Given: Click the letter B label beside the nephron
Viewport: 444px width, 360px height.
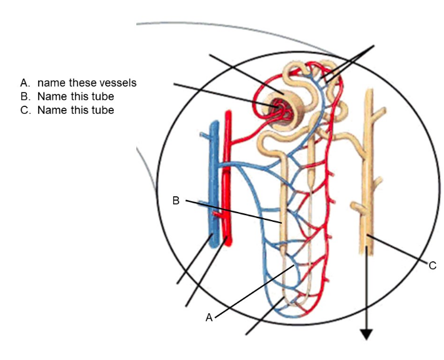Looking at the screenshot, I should (x=176, y=201).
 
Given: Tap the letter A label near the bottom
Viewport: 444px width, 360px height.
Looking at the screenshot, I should (x=209, y=317).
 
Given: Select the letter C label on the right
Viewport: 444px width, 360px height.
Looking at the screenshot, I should (x=432, y=266).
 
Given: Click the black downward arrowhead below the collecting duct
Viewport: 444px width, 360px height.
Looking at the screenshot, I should (x=366, y=334).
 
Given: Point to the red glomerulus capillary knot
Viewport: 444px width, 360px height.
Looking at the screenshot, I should (x=276, y=110).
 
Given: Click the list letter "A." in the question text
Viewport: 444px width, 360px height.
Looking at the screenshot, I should (x=25, y=82).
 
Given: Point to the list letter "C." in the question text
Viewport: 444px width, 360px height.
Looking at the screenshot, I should (x=25, y=111).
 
